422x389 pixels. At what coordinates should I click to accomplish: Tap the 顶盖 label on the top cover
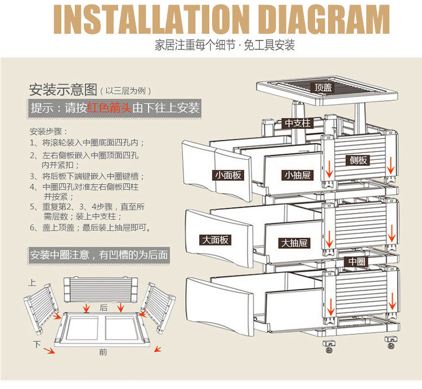(x=323, y=88)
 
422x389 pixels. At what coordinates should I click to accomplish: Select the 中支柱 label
(x=297, y=123)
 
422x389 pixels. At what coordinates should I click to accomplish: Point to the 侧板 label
(x=358, y=160)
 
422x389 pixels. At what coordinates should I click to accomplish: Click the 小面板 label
(x=228, y=175)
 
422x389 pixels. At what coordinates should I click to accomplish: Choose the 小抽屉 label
(x=297, y=175)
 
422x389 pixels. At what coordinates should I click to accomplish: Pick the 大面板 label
(x=216, y=240)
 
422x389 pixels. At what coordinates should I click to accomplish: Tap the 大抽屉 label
(x=294, y=243)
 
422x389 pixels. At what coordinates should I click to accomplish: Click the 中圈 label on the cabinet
(x=357, y=261)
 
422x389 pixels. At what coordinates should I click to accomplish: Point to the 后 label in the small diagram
(x=104, y=308)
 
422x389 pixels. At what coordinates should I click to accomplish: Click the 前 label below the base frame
(x=102, y=352)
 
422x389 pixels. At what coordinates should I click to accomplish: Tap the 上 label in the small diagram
(x=32, y=282)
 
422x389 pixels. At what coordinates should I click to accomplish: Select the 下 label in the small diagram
(x=37, y=343)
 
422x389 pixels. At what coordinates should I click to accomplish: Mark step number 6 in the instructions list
(x=33, y=228)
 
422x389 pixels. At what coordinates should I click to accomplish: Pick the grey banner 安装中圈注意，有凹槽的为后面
(x=99, y=255)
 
